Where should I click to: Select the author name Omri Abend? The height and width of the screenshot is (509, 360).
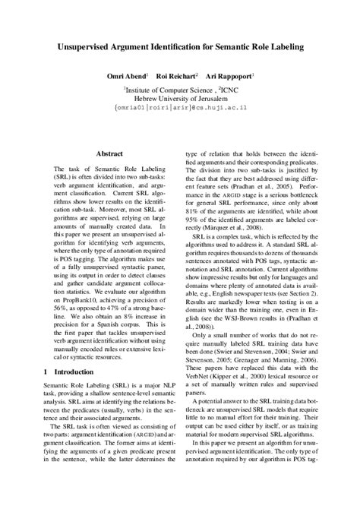click(x=126, y=77)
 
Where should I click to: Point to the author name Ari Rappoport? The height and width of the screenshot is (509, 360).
click(x=231, y=77)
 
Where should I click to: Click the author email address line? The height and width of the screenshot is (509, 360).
click(x=179, y=109)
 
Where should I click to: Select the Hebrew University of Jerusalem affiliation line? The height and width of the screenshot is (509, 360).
click(x=179, y=98)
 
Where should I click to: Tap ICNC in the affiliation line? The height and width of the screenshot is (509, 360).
click(x=225, y=88)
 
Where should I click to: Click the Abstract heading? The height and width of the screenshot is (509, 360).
click(x=109, y=154)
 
